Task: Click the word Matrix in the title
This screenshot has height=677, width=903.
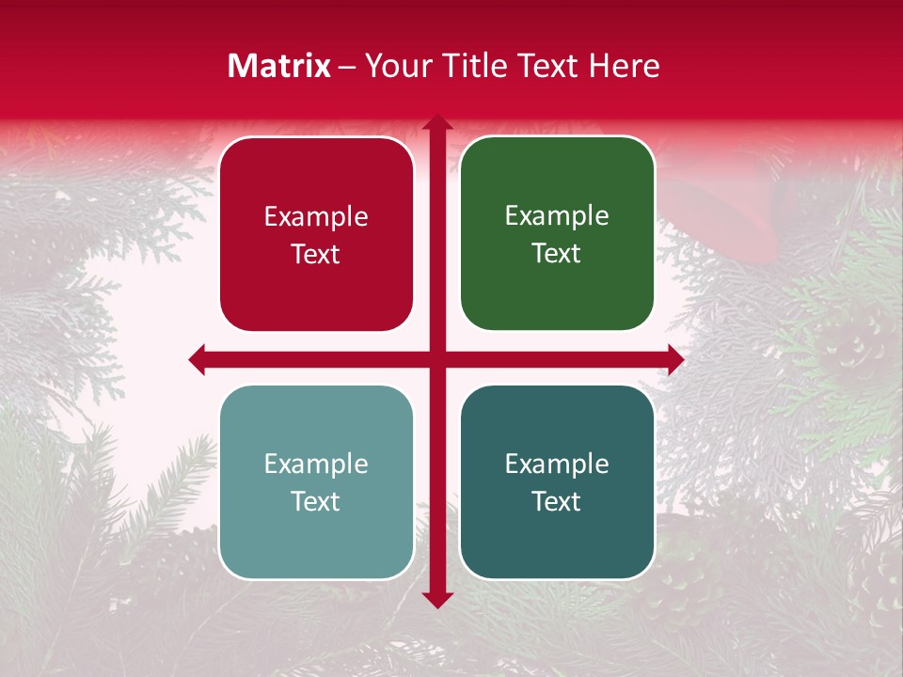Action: click(279, 66)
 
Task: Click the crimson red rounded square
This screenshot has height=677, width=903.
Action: click(316, 234)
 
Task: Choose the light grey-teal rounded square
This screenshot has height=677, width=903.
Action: click(316, 481)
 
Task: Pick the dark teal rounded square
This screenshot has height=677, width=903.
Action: click(557, 481)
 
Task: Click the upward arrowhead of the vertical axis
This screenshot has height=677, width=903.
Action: click(437, 122)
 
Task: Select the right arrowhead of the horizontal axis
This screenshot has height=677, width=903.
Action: click(675, 359)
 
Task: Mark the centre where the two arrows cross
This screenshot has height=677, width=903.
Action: click(437, 359)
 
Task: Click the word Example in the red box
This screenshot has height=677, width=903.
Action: click(316, 217)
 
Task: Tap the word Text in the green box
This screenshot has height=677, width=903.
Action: click(557, 253)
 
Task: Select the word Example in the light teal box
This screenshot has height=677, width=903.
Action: click(316, 464)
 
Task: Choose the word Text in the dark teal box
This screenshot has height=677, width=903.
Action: click(557, 501)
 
